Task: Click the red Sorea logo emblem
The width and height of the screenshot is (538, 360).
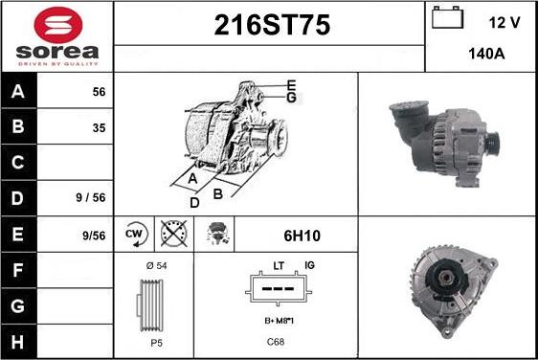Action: click(x=58, y=25)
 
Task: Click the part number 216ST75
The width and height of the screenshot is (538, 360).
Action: click(x=272, y=25)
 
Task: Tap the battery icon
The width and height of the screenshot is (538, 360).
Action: click(x=447, y=17)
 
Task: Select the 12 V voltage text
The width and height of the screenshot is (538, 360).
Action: click(x=504, y=23)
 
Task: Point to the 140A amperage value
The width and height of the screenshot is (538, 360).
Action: click(x=486, y=54)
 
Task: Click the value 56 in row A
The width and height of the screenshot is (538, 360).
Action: click(x=99, y=92)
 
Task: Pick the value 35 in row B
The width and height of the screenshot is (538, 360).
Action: click(x=99, y=128)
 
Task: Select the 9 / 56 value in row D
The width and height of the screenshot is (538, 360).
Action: click(x=91, y=197)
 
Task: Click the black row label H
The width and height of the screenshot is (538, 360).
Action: click(x=18, y=342)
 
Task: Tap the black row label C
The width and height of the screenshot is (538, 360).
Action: click(x=18, y=163)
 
